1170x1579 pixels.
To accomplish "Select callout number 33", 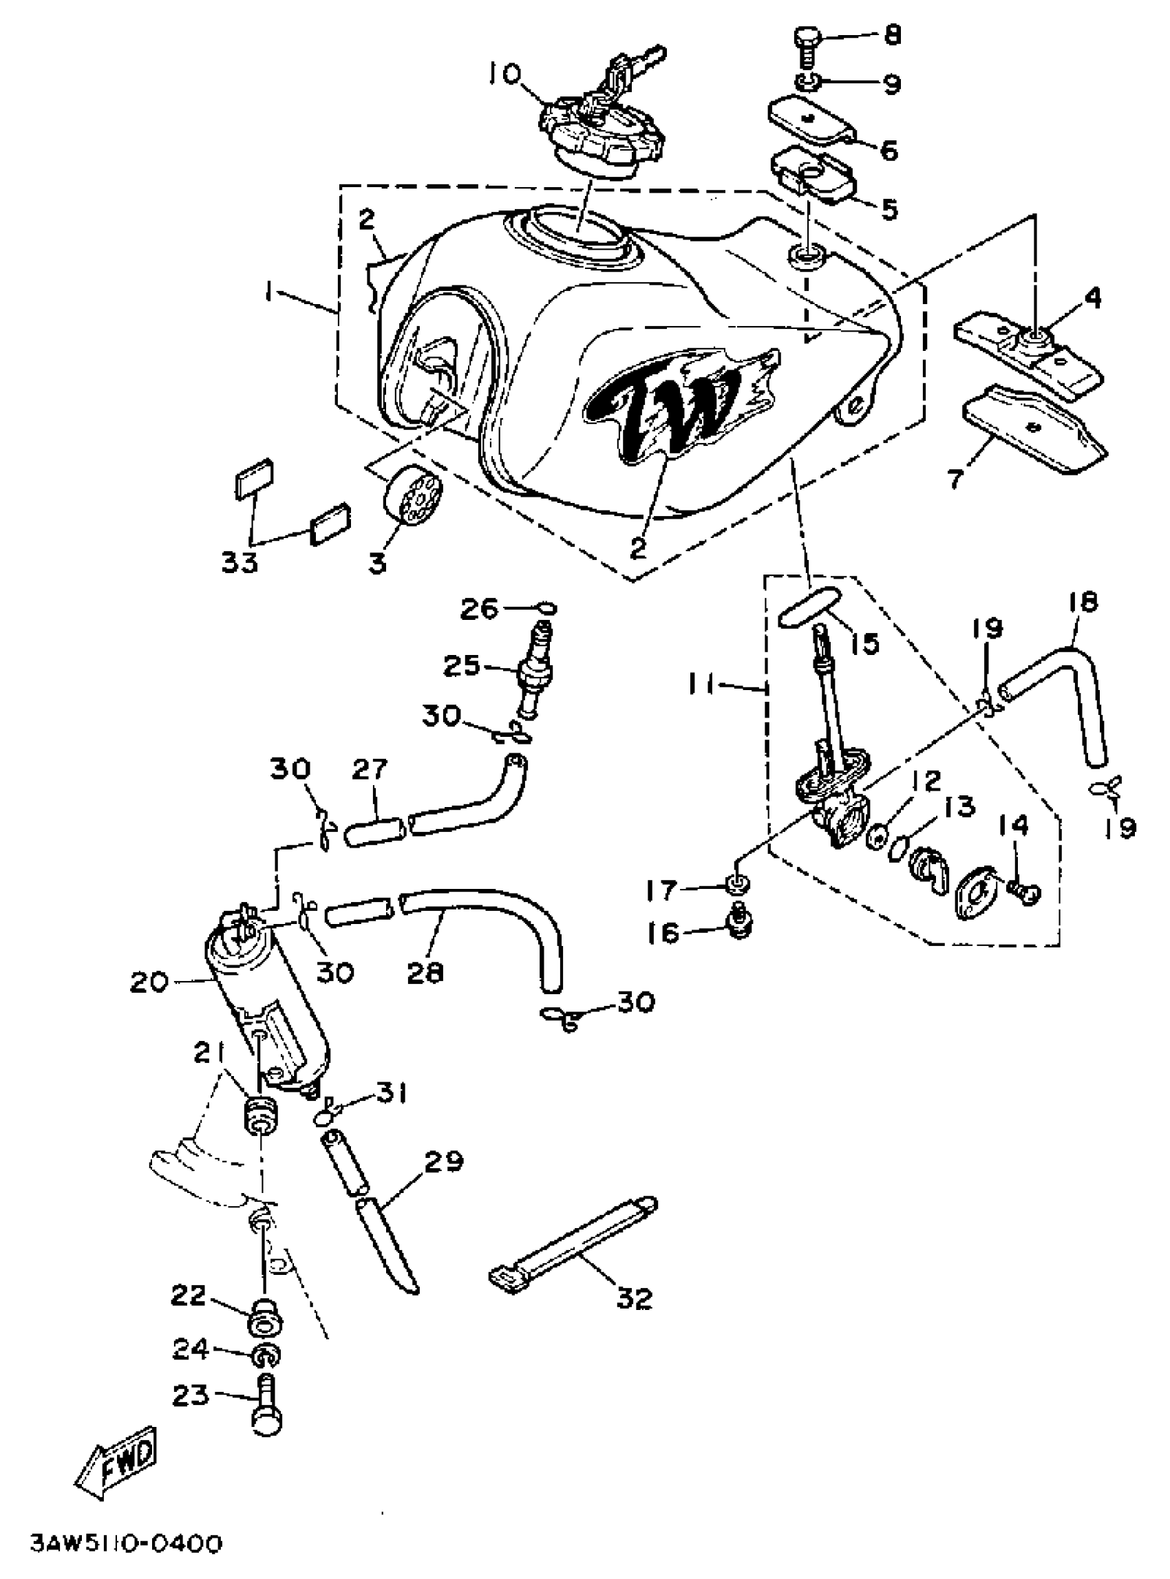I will point(240,563).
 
